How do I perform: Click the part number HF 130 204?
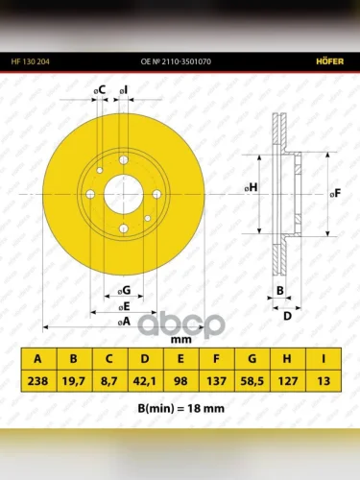coord(31,61)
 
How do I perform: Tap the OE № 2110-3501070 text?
coord(176,61)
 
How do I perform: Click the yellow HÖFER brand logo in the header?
coord(330,61)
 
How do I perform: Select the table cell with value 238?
coord(38,381)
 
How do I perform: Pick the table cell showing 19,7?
coord(74,381)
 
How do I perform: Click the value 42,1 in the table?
coord(145,381)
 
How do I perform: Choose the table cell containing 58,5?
coord(252,381)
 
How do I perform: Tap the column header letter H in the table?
coord(287,359)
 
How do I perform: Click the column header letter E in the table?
coord(180,359)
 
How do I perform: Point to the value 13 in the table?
coord(324,381)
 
